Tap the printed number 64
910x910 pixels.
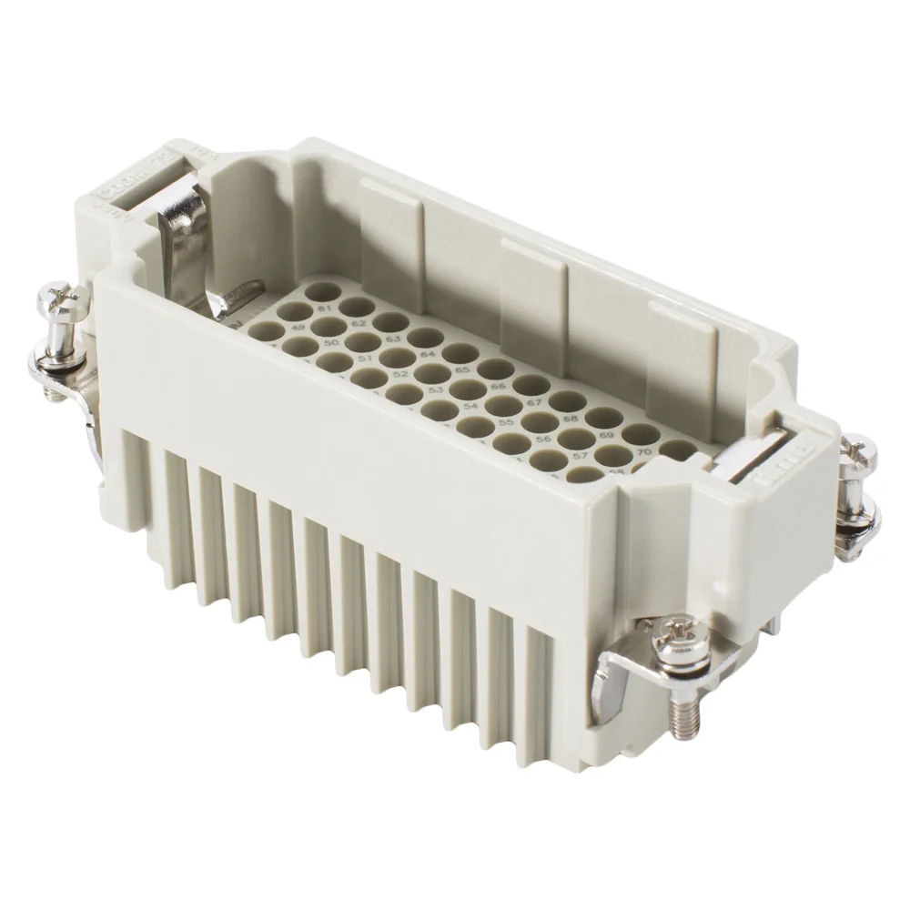[x=426, y=354]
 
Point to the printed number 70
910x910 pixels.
[x=642, y=450]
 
